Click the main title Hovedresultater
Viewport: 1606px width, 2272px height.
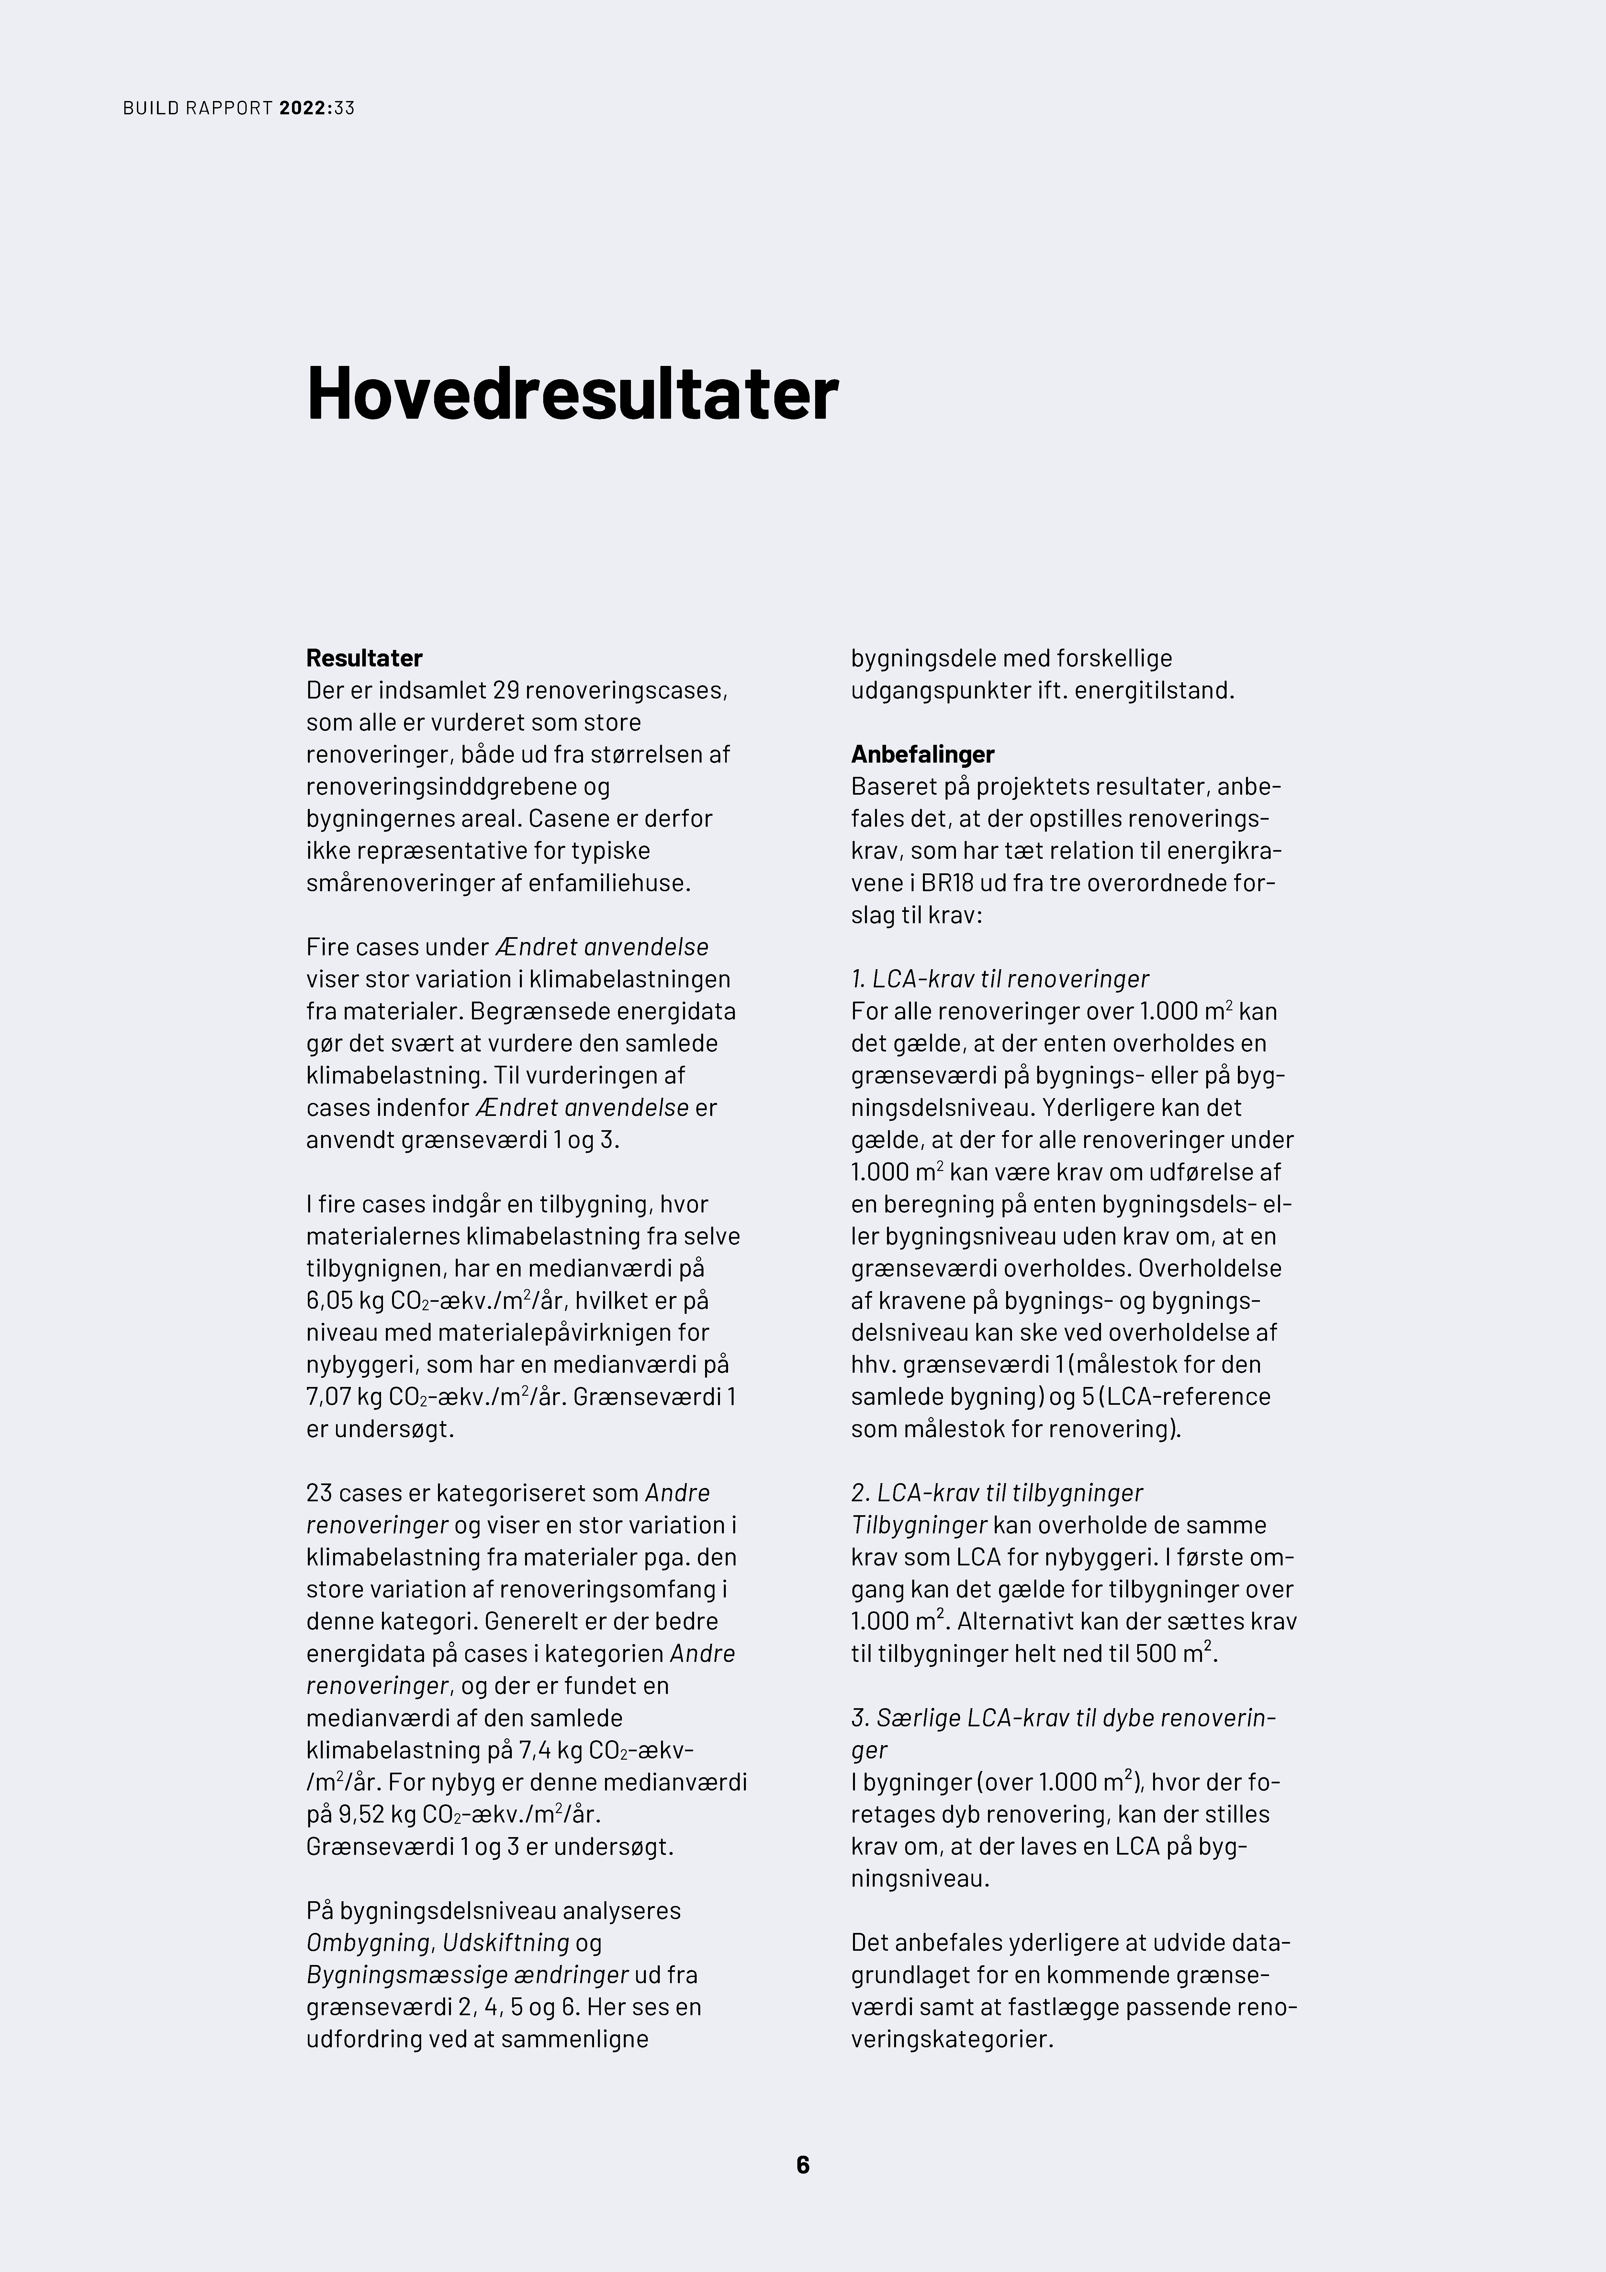(572, 394)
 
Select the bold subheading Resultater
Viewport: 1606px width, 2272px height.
(364, 658)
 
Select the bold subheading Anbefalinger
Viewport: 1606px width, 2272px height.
(922, 754)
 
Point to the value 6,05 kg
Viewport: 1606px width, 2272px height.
(343, 1300)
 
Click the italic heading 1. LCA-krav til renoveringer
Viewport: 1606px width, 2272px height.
(999, 979)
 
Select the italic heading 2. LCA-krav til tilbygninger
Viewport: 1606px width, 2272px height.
(996, 1492)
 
